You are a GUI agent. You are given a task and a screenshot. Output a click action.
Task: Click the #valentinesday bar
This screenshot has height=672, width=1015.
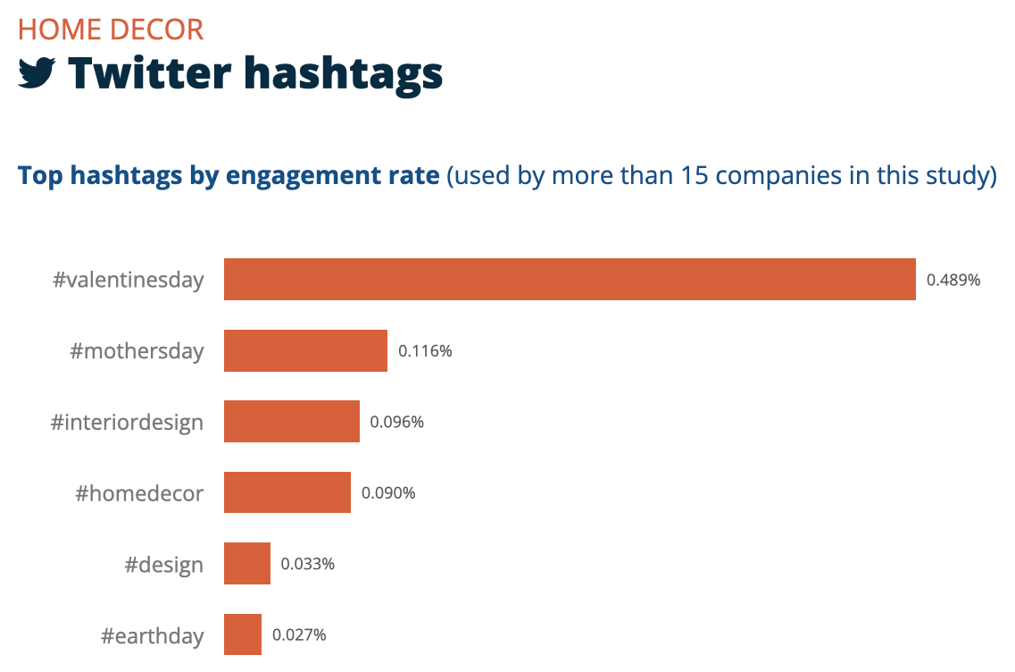[x=570, y=279]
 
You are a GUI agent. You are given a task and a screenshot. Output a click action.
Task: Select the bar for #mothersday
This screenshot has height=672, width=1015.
[x=305, y=350]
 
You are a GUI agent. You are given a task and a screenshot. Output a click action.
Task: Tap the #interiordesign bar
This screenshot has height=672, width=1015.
[x=292, y=421]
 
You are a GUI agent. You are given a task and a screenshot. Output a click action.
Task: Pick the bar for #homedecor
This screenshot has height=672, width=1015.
[x=287, y=492]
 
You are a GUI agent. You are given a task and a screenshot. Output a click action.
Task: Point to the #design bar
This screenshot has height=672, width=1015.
[x=247, y=564]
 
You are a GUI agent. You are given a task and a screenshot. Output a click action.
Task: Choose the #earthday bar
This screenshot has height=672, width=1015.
[x=243, y=634]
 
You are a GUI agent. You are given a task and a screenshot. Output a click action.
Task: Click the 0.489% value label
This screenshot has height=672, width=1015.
[x=953, y=280]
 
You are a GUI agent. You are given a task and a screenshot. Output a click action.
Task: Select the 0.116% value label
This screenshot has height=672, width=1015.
[x=425, y=351]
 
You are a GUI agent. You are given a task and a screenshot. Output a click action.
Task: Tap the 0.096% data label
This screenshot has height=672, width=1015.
[x=396, y=422]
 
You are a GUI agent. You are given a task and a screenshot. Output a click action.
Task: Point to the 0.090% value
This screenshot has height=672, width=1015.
[x=388, y=493]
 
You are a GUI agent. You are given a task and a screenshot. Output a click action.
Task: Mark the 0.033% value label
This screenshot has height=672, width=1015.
[x=308, y=564]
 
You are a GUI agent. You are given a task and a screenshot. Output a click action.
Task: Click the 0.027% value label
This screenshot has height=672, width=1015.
[x=299, y=635]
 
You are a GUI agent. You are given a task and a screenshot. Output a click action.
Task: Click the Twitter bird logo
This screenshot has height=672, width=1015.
[x=37, y=73]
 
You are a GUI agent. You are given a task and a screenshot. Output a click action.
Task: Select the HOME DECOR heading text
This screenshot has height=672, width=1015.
[x=111, y=29]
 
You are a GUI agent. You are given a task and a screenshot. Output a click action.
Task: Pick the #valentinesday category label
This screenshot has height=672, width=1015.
[x=129, y=280]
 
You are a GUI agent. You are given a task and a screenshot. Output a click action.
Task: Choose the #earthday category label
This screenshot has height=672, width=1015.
[x=152, y=636]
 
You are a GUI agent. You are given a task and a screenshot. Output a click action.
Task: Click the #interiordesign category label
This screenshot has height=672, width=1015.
[x=128, y=422]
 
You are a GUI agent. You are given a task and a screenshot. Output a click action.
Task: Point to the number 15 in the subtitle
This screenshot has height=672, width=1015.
[x=695, y=175]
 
